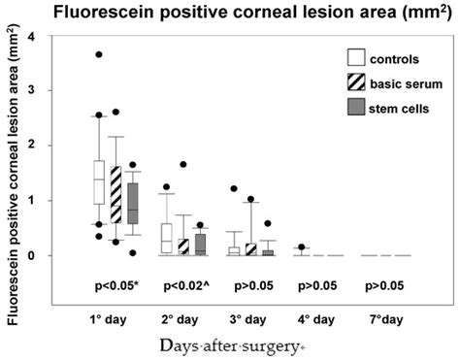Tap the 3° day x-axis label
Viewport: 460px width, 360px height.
click(x=252, y=317)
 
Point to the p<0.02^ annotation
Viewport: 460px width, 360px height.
click(x=185, y=288)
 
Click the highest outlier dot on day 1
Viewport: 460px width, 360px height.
click(x=98, y=54)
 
